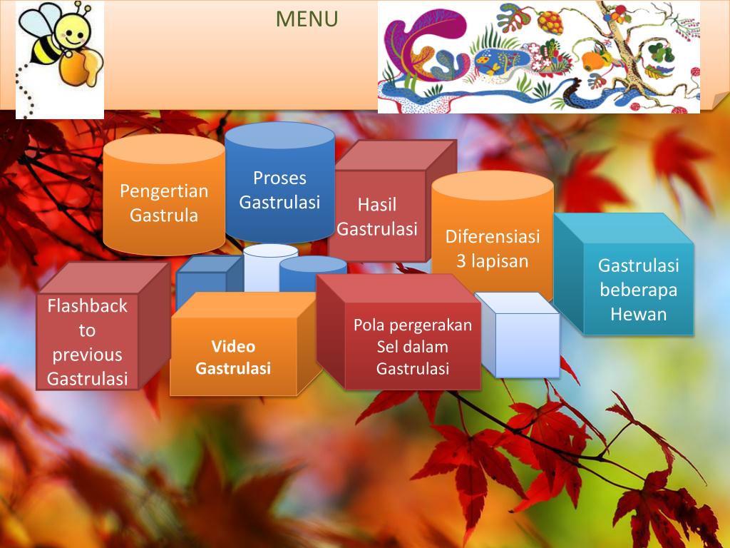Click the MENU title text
pyautogui.click(x=307, y=19)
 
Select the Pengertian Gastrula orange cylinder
pyautogui.click(x=164, y=203)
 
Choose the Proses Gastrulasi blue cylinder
pyautogui.click(x=279, y=190)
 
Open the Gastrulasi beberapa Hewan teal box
pyautogui.click(x=638, y=290)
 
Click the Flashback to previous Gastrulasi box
pyautogui.click(x=87, y=342)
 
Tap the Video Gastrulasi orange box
pyautogui.click(x=233, y=357)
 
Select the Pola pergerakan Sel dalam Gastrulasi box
pyautogui.click(x=413, y=347)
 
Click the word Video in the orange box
pyautogui.click(x=233, y=347)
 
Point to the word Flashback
pyautogui.click(x=87, y=306)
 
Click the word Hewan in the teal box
pyautogui.click(x=638, y=314)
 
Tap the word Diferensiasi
pyautogui.click(x=493, y=236)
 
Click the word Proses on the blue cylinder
pyautogui.click(x=279, y=178)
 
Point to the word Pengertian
pyautogui.click(x=164, y=191)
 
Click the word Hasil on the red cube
pyautogui.click(x=376, y=205)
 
